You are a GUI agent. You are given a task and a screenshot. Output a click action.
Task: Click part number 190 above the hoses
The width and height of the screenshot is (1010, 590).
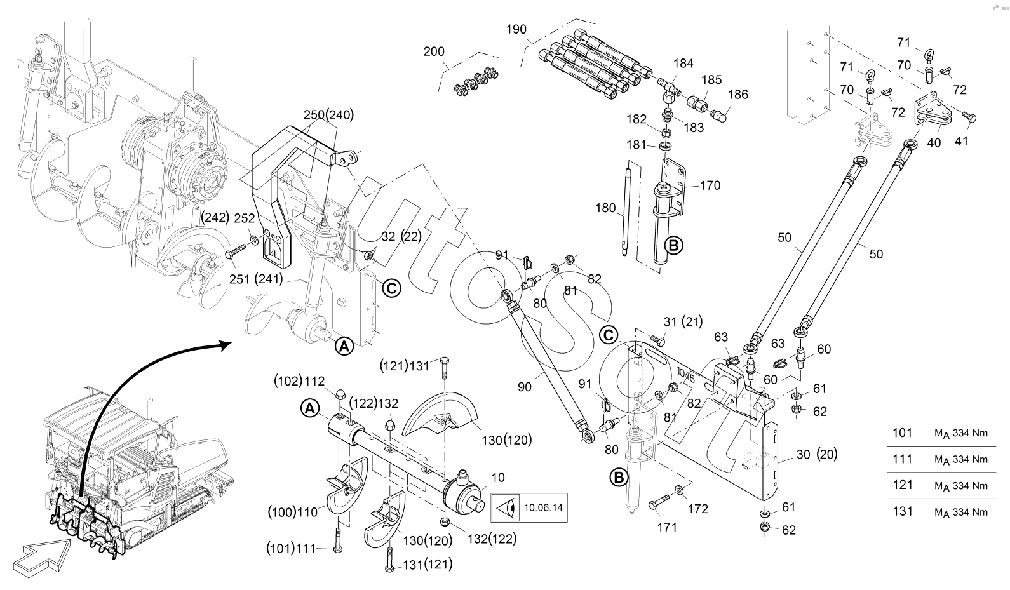pos(516,29)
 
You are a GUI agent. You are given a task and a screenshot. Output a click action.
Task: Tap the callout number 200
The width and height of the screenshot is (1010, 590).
pos(434,52)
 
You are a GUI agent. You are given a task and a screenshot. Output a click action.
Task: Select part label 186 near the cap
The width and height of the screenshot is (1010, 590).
pos(737,95)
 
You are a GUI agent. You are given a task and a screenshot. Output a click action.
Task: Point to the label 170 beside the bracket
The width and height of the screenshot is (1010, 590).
pos(710,185)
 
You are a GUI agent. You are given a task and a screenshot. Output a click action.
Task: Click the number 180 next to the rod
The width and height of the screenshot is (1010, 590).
pos(605,208)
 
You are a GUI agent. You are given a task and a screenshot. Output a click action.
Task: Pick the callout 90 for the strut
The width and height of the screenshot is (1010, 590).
pos(525,387)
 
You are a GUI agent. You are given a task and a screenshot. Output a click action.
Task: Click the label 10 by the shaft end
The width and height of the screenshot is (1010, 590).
pos(498,478)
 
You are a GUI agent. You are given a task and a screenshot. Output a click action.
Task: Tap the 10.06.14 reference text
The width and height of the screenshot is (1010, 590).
pos(543,508)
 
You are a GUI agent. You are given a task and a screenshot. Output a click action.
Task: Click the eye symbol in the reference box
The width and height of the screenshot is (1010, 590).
pos(506,508)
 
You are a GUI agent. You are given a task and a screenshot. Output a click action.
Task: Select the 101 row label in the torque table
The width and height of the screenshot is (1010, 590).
pos(902,432)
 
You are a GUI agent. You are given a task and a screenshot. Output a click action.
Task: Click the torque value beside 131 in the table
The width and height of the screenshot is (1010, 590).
pos(961,512)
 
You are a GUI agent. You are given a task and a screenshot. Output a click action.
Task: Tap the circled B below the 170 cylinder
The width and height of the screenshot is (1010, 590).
pos(673,246)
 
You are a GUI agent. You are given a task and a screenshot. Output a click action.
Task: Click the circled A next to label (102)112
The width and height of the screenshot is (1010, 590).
pos(310,408)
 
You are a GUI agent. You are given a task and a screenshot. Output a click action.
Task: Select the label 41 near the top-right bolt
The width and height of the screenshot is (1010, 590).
pos(961,141)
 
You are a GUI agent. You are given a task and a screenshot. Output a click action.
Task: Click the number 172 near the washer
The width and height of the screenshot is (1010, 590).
pos(698,509)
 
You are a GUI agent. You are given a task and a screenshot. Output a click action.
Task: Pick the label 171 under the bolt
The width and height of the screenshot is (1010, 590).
pos(667,527)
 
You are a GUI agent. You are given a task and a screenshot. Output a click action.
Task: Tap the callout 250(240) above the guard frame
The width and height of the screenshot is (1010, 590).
pos(328,115)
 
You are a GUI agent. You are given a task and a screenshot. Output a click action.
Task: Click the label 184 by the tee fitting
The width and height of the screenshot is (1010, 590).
pos(683,64)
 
